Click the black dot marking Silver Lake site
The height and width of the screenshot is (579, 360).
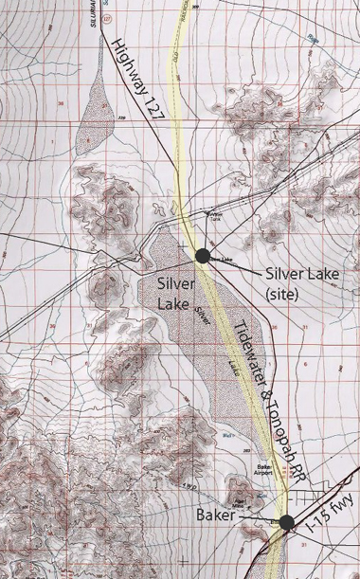pos(202,254)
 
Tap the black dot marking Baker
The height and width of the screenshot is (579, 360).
pos(286,521)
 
